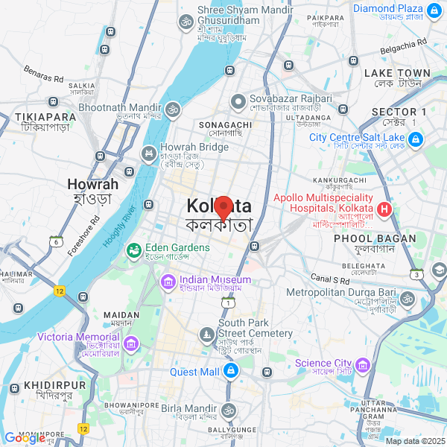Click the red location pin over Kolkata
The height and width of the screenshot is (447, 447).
click(223, 205)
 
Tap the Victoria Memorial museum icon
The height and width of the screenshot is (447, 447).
click(131, 343)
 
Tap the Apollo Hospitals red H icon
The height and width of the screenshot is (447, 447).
click(385, 209)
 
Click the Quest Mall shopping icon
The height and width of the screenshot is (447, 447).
click(232, 370)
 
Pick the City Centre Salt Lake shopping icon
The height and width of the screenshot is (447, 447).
click(414, 139)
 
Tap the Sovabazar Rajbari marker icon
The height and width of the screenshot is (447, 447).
click(238, 101)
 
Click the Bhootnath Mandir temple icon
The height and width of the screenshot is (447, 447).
click(173, 110)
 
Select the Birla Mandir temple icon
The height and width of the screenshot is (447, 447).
click(227, 410)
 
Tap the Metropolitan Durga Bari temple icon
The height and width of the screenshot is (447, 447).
click(406, 299)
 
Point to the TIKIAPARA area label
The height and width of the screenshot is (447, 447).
click(46, 117)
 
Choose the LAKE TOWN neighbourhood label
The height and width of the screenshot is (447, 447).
click(397, 73)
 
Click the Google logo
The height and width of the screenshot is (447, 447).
click(25, 438)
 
